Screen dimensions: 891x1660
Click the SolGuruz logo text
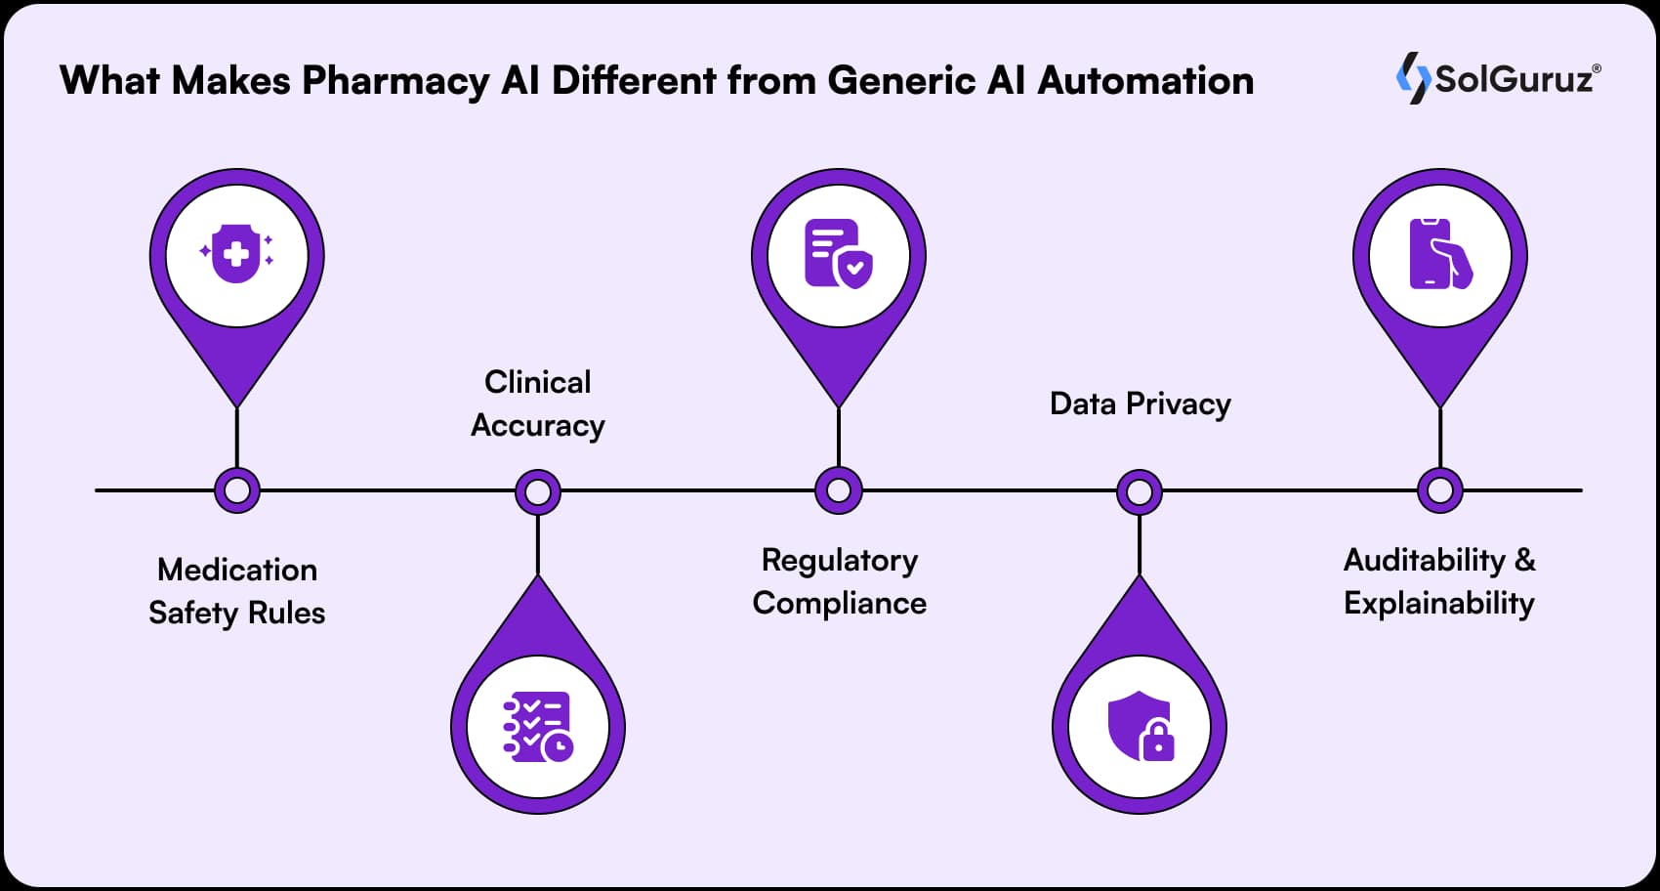1515,78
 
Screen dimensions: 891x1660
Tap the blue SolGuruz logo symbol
1412,78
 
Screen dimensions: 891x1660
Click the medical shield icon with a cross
236,256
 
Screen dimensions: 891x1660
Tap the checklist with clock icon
537,728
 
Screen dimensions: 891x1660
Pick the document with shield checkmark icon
838,255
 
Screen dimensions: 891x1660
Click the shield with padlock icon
1140,728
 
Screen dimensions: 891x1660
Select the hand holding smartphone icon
1439,255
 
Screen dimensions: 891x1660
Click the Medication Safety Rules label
236,591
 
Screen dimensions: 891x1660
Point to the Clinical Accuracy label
537,403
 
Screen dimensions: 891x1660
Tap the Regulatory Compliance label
839,581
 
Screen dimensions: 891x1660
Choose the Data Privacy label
1140,403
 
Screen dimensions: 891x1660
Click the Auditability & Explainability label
1439,581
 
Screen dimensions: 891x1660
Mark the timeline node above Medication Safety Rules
236,490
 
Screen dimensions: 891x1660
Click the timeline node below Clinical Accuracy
537,491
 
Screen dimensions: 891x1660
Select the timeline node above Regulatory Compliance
838,490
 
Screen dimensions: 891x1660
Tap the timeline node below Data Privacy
1140,491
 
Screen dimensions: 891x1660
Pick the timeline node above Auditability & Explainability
1439,490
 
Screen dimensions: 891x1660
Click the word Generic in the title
901,80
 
